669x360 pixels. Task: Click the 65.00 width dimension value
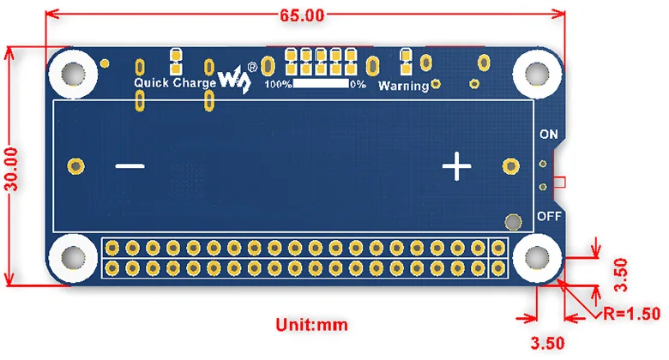(x=303, y=15)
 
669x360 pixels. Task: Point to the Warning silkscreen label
(x=403, y=86)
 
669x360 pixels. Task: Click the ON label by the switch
(x=548, y=135)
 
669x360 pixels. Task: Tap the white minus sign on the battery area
(x=130, y=165)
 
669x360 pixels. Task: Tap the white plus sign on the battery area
(x=456, y=165)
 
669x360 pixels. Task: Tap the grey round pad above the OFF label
(x=513, y=223)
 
